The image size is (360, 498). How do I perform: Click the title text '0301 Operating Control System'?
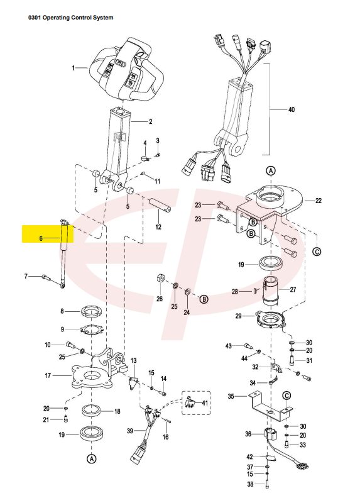pos(70,18)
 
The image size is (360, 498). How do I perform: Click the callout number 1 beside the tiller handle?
pos(74,67)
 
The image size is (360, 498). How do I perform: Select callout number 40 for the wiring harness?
pos(291,109)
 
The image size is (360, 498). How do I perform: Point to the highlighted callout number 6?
pos(41,239)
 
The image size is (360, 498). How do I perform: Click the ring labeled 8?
pos(92,312)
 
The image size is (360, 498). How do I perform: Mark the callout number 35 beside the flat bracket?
pos(231,397)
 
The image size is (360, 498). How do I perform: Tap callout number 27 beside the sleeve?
pos(291,290)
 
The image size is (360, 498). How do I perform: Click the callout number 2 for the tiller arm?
pos(150,121)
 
